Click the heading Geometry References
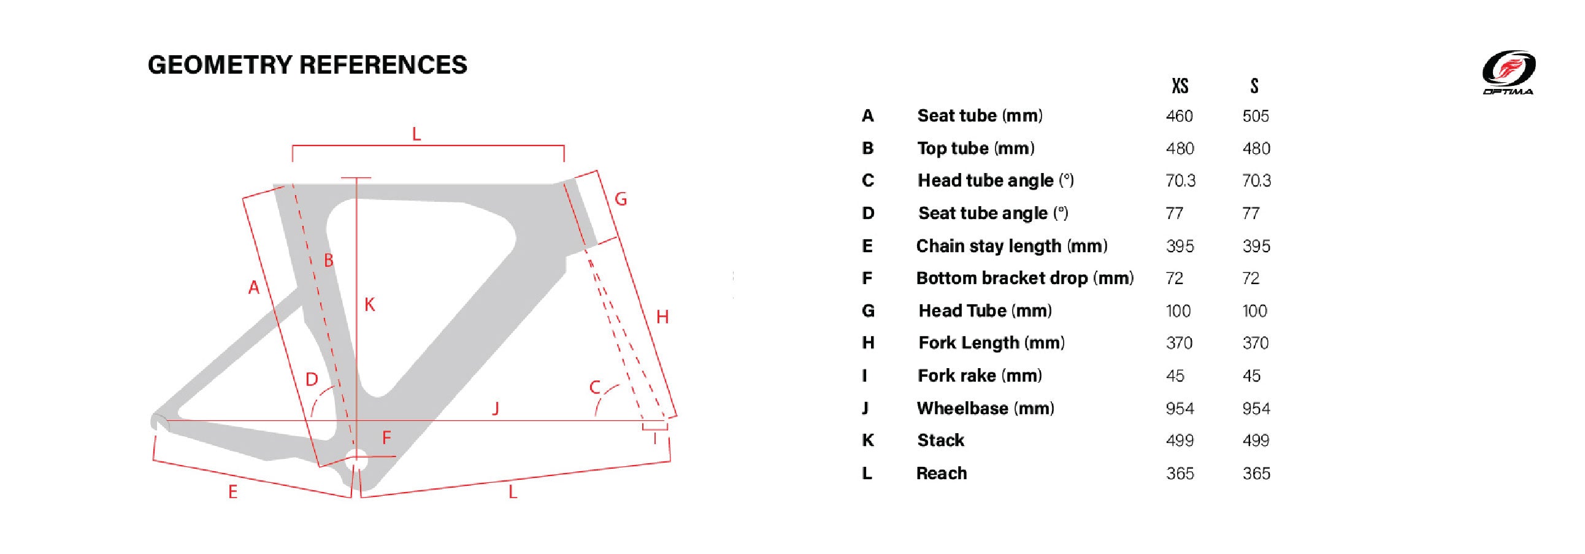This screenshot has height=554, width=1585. (308, 64)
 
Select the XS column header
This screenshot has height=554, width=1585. (1180, 86)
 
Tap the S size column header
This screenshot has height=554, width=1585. (1254, 86)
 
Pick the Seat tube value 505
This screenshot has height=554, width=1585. (1255, 117)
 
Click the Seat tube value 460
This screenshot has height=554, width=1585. (1179, 117)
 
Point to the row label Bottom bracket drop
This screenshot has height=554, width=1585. (1024, 279)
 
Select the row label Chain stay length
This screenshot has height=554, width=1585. (1011, 246)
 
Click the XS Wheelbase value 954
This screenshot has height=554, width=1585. (1180, 409)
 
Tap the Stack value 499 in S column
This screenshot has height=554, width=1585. (1255, 441)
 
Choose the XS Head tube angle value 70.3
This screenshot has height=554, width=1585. (1180, 181)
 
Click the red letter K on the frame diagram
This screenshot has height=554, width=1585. (369, 304)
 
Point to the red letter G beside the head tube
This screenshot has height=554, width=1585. (621, 199)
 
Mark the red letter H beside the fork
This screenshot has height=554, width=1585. (662, 317)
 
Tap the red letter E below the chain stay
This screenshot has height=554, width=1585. (232, 492)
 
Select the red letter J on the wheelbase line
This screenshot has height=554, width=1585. (496, 408)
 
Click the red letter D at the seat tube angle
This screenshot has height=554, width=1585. (312, 379)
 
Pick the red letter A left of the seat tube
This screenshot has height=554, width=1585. (253, 287)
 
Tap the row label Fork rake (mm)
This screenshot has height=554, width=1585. (980, 375)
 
